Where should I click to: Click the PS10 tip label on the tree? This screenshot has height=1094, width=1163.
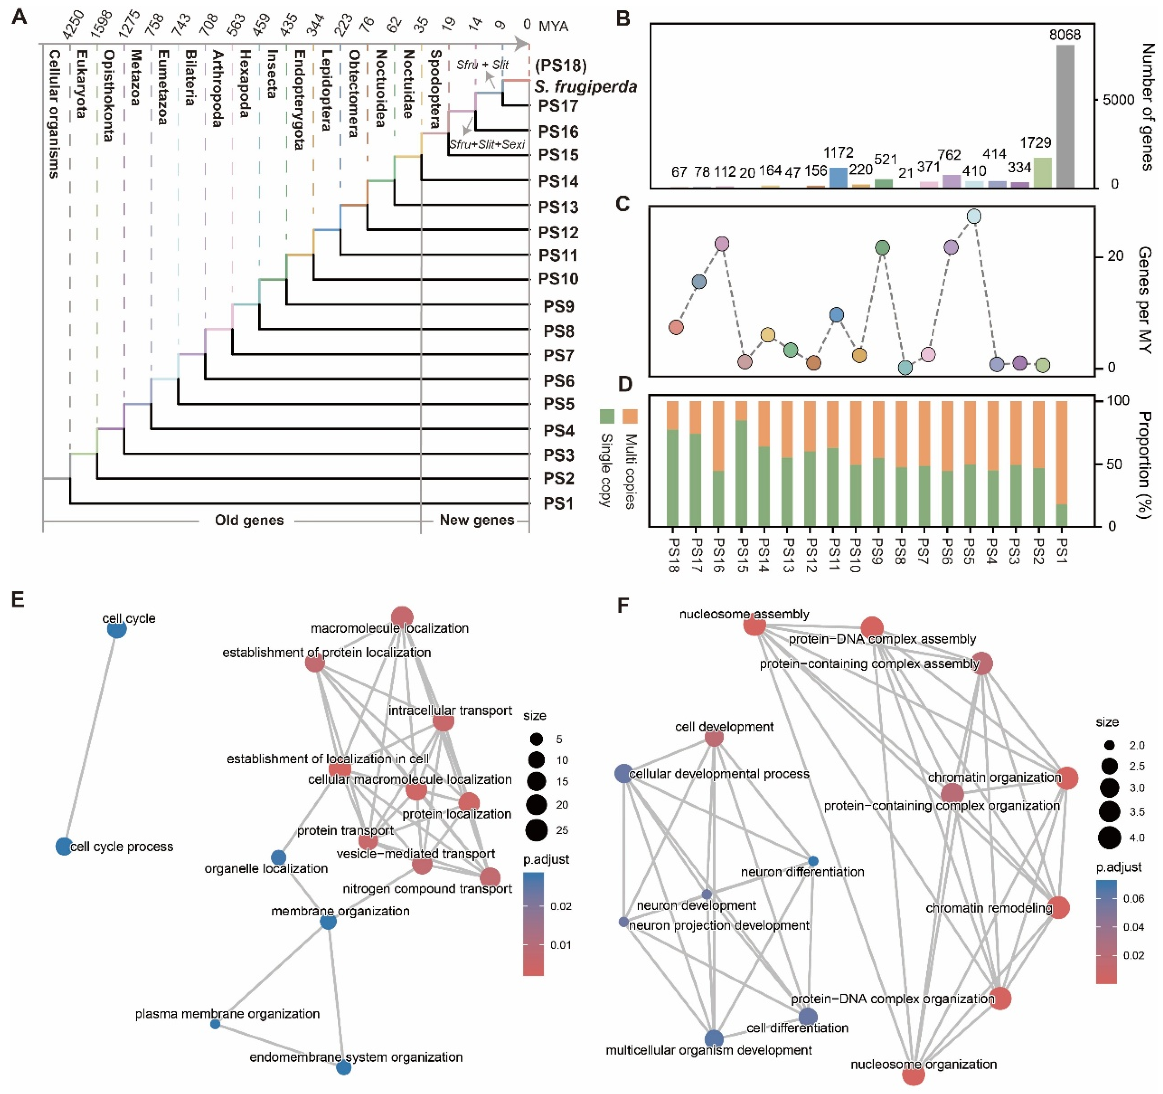click(558, 279)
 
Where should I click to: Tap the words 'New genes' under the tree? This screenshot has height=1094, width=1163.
click(477, 520)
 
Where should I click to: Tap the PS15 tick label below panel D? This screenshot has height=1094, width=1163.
click(741, 553)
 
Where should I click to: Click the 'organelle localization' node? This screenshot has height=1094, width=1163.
click(278, 858)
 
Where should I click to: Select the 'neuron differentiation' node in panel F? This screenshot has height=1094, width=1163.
click(813, 861)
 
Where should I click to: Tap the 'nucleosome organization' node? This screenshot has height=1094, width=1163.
click(913, 1075)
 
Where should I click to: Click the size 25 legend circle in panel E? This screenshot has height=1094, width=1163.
click(537, 830)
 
